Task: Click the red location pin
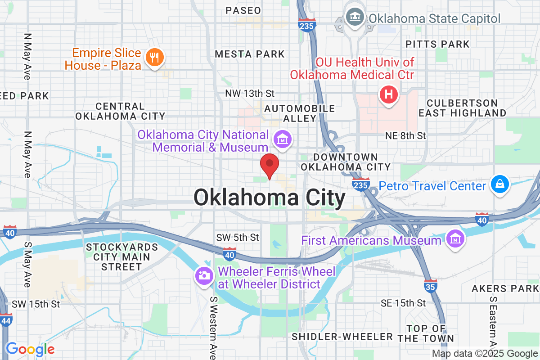[270, 165]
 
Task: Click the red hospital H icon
[389, 95]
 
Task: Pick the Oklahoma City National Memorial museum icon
[283, 139]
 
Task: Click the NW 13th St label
[251, 94]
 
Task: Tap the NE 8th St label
[405, 135]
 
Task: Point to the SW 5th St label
[238, 237]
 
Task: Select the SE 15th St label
[403, 303]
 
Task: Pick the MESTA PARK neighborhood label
[250, 54]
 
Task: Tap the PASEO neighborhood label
[243, 10]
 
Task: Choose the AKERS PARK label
[502, 288]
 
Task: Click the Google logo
[30, 349]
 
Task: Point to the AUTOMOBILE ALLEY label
[299, 113]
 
